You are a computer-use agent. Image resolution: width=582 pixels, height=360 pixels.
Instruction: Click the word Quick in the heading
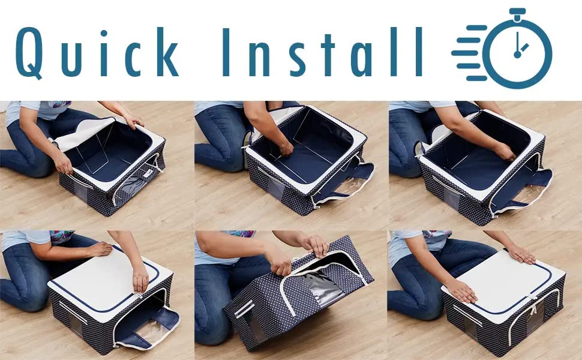click(x=97, y=52)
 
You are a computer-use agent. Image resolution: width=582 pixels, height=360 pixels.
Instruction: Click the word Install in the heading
click(x=323, y=52)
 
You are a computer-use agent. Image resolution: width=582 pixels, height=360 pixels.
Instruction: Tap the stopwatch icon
click(x=502, y=48)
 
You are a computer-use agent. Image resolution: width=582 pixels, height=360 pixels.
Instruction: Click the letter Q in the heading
click(x=28, y=53)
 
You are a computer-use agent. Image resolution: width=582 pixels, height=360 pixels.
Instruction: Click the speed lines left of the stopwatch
click(x=469, y=53)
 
